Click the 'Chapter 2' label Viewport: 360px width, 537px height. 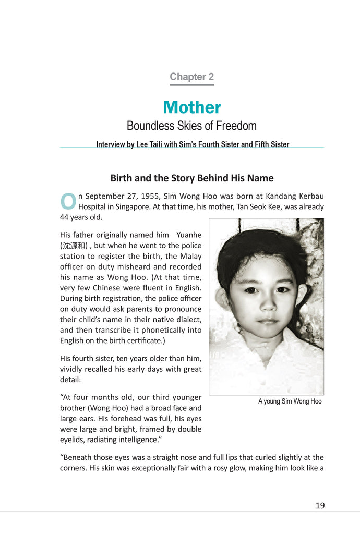click(191, 77)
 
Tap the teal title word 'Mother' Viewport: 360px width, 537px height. click(191, 107)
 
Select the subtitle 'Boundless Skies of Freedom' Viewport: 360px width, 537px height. click(191, 126)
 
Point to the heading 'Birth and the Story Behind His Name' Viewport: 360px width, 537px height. click(191, 178)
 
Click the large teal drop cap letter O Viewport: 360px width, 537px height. click(68, 202)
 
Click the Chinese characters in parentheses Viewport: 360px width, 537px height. click(74, 246)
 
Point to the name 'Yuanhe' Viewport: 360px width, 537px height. click(189, 235)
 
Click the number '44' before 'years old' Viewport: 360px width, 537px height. click(65, 217)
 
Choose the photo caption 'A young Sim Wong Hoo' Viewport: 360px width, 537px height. click(290, 401)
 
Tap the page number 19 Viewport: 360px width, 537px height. click(320, 505)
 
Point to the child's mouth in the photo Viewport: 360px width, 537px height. click(267, 321)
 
